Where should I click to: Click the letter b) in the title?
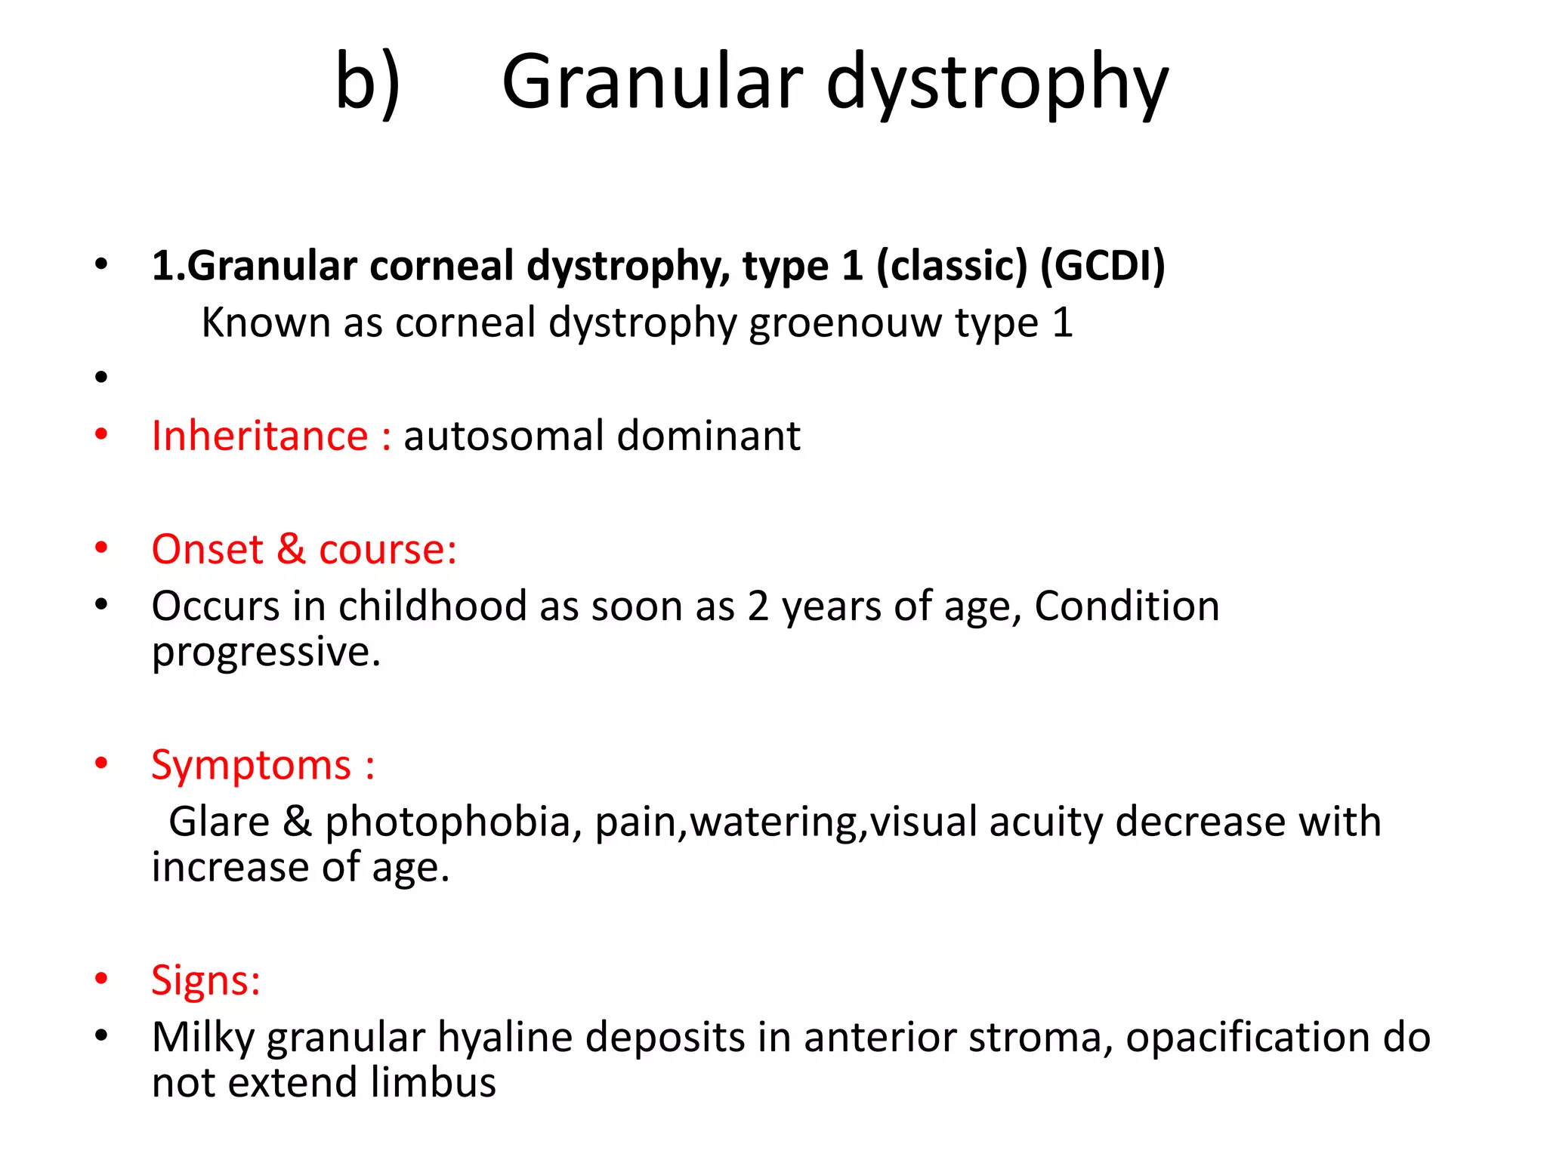[x=368, y=82]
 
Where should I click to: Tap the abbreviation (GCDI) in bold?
[x=1103, y=266]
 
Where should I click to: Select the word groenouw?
[x=845, y=323]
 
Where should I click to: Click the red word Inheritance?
[x=260, y=436]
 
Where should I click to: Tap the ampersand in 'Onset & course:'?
[x=291, y=549]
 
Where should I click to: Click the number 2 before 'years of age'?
[x=758, y=607]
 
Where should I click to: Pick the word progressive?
[x=265, y=652]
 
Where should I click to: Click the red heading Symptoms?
[x=251, y=766]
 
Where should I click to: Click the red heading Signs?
[x=205, y=980]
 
